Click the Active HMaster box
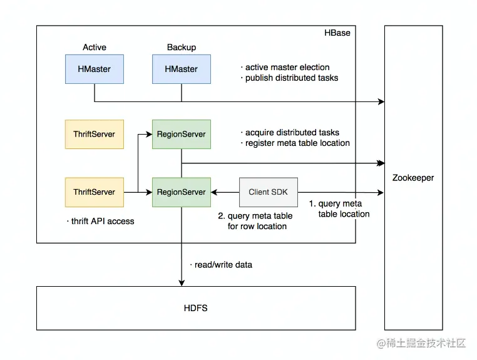(95, 69)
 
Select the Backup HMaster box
(182, 69)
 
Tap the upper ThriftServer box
(95, 134)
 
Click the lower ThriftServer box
(95, 192)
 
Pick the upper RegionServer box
(182, 134)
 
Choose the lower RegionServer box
(182, 192)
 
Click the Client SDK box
(269, 192)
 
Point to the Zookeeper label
(413, 178)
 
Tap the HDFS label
(196, 308)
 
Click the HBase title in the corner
(337, 33)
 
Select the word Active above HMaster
(95, 48)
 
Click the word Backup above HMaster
(182, 48)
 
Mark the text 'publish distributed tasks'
(291, 78)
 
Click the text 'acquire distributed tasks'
(292, 133)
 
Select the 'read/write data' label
(223, 265)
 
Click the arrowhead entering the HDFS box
(182, 283)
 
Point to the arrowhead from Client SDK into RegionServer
(215, 192)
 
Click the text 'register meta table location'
(297, 143)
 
